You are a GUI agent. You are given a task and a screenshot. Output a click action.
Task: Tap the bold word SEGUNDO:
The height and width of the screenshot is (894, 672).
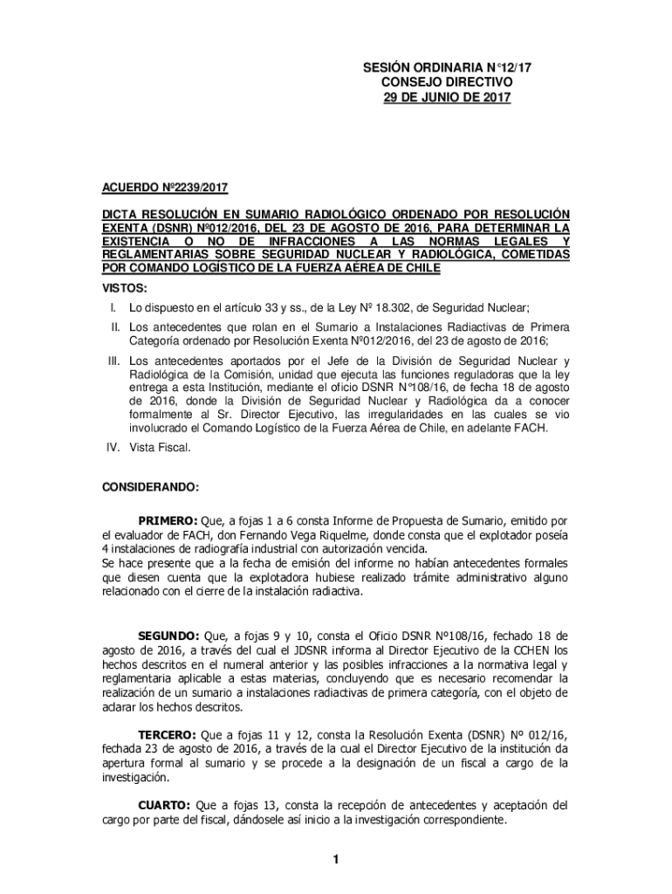[170, 635]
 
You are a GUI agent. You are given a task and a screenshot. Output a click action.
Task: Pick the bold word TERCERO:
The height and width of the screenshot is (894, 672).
[169, 734]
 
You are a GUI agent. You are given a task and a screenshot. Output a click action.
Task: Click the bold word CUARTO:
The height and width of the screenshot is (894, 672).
[166, 805]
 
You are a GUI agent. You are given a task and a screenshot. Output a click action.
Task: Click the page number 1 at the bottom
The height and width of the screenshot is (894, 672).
[335, 861]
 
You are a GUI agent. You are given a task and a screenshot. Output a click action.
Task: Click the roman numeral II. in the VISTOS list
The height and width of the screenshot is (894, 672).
[113, 326]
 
